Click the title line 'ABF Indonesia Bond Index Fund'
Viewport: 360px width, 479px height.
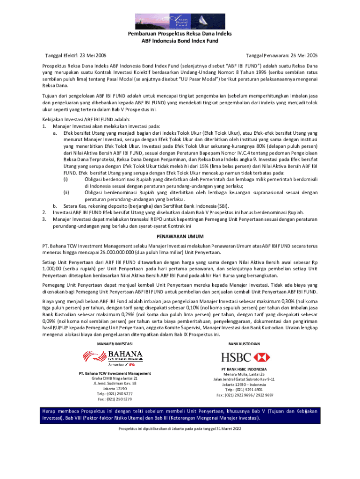click(180, 41)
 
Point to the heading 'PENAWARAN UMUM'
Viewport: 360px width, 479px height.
click(180, 236)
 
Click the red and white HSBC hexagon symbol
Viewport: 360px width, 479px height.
click(261, 357)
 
